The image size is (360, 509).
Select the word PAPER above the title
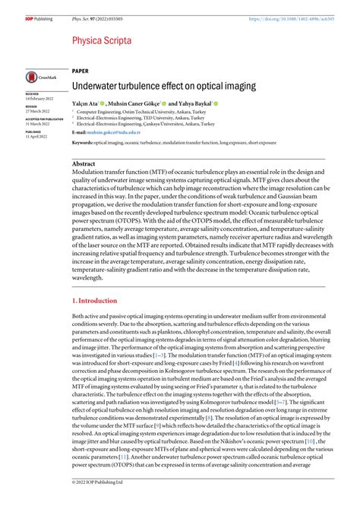81,70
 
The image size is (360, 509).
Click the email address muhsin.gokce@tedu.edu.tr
113,131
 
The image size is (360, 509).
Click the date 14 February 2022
39,100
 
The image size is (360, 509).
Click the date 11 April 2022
36,136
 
